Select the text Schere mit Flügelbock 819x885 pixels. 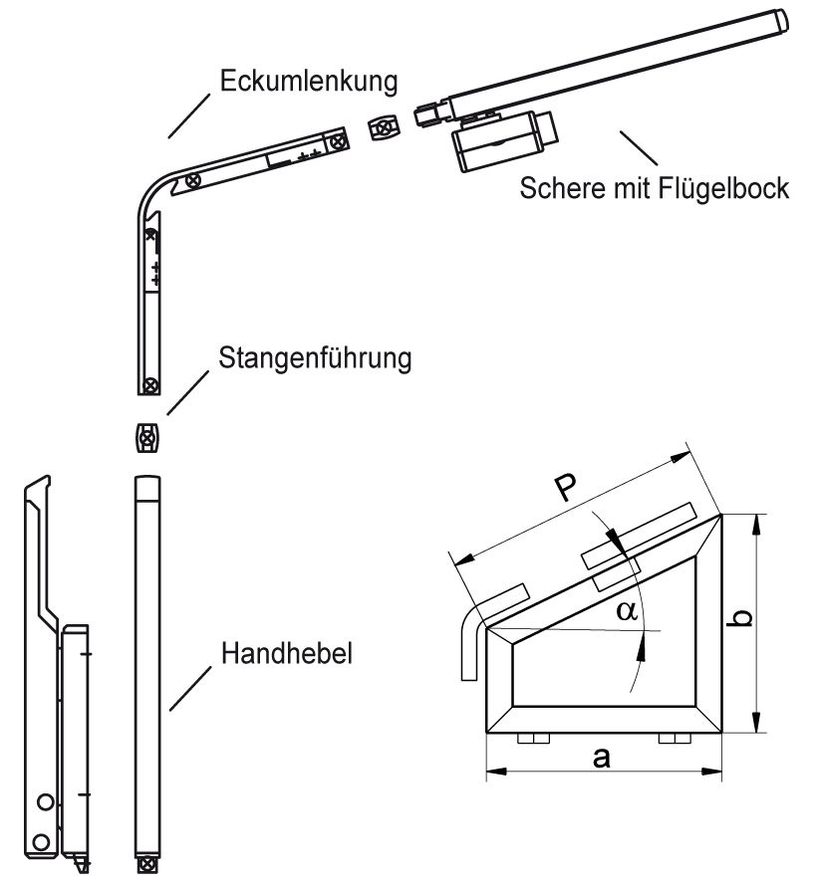(x=654, y=187)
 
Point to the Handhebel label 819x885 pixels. (x=290, y=653)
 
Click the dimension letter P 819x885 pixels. (x=565, y=489)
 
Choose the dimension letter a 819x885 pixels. (x=601, y=758)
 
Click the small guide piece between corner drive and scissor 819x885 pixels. (x=382, y=128)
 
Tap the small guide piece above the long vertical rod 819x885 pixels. (x=146, y=437)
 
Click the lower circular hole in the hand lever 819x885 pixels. (x=40, y=842)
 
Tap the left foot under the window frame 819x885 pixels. (x=528, y=740)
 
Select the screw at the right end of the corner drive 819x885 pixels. (x=341, y=142)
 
